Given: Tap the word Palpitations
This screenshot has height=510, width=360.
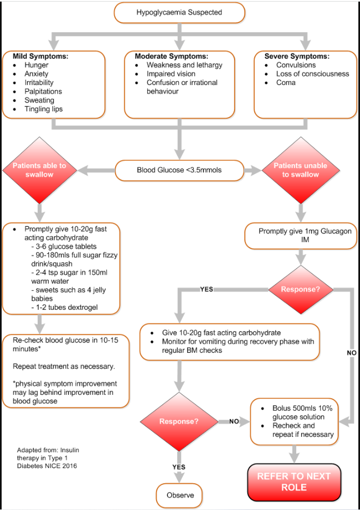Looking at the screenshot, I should tap(43, 92).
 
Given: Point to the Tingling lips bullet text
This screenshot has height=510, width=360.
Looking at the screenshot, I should tap(43, 109).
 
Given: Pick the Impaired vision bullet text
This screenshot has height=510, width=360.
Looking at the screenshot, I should tap(171, 74).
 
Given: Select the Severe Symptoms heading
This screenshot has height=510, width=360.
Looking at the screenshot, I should tap(297, 56).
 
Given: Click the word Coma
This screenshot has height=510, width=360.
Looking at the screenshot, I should tap(286, 82).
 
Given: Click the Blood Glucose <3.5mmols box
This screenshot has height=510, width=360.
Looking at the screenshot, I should tap(179, 170).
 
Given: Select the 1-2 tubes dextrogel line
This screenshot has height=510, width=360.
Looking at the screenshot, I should tap(66, 307).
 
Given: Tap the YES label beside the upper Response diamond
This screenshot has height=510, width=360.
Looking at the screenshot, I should tap(207, 289).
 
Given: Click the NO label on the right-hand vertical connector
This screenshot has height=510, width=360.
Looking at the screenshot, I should tap(351, 353).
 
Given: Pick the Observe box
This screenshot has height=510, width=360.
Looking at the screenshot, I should tap(179, 496).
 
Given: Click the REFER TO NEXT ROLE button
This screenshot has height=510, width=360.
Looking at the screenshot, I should tap(293, 482).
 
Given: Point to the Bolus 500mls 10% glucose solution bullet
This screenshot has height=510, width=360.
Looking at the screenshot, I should tap(305, 412).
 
